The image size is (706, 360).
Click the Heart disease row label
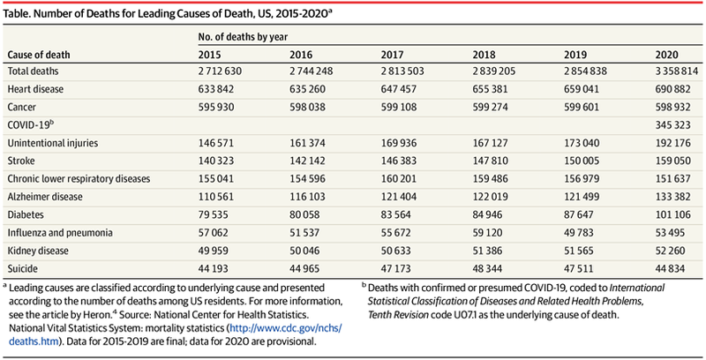[x=34, y=87]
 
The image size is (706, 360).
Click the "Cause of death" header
[x=38, y=55]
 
